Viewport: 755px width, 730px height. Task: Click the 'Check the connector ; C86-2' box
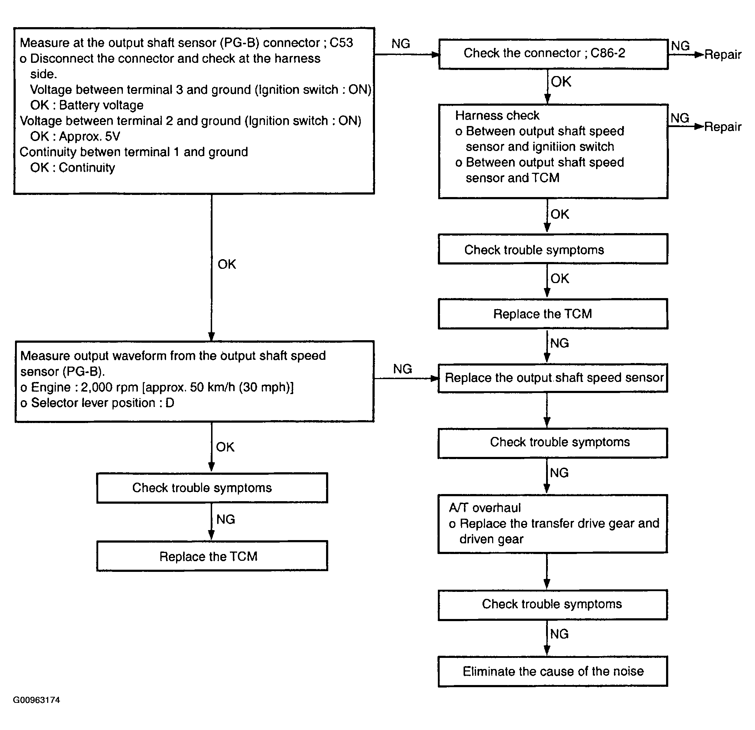point(553,54)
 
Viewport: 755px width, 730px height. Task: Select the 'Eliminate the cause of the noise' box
point(553,671)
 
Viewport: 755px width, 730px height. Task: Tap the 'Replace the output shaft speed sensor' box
point(553,378)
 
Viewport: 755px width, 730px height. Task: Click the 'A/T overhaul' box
point(553,524)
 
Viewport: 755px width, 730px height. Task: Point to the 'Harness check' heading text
point(497,116)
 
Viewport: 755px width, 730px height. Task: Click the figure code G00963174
point(36,700)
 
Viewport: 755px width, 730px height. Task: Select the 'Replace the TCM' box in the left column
point(212,556)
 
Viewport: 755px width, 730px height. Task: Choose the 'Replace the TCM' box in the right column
point(553,314)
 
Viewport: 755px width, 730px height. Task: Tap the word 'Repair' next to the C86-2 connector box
point(722,55)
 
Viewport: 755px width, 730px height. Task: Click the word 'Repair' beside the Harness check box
point(722,127)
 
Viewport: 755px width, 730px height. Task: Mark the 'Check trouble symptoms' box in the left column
point(212,488)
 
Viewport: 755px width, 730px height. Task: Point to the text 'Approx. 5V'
point(89,136)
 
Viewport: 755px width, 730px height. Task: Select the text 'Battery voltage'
point(101,105)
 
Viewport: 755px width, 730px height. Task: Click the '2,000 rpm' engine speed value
point(109,387)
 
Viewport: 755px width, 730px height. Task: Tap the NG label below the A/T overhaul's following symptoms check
point(559,634)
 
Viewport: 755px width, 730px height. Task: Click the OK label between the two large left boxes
point(226,264)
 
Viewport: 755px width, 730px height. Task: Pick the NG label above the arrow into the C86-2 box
point(401,44)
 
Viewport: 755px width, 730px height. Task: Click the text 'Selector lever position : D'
point(102,403)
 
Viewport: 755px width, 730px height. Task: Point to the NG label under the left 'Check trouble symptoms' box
point(225,519)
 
